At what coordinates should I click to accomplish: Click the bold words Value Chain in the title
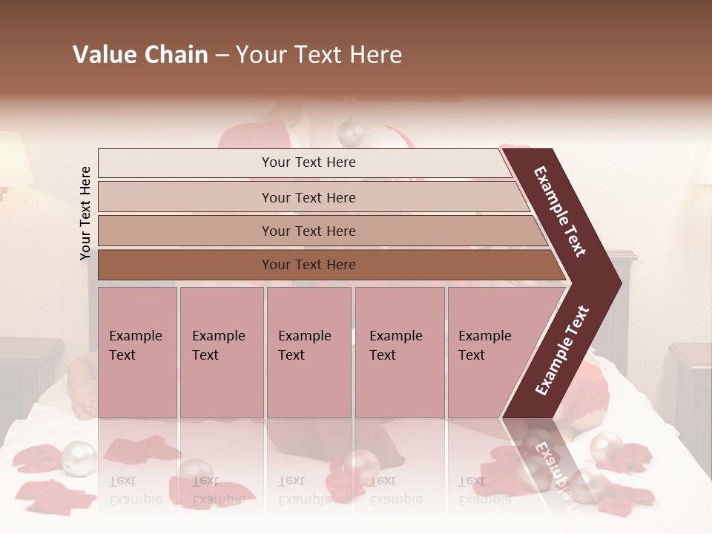[140, 55]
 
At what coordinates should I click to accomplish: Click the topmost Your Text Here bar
[308, 162]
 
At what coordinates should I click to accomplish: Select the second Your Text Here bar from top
[308, 197]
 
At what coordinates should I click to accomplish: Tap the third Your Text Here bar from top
[308, 231]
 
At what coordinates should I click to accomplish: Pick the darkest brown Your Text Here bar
[308, 265]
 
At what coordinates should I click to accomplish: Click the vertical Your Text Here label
[85, 214]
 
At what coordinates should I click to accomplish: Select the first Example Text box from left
[137, 352]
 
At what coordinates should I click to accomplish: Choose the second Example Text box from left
[221, 352]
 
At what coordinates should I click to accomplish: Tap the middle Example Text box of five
[308, 352]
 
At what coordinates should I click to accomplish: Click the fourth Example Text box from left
[399, 352]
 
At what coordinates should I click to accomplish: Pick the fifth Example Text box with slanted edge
[489, 352]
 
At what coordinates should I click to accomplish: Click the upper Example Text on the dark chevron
[560, 211]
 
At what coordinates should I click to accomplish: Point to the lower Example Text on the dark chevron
[562, 350]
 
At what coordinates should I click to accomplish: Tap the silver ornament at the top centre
[350, 133]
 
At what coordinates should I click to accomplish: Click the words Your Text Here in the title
[319, 55]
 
